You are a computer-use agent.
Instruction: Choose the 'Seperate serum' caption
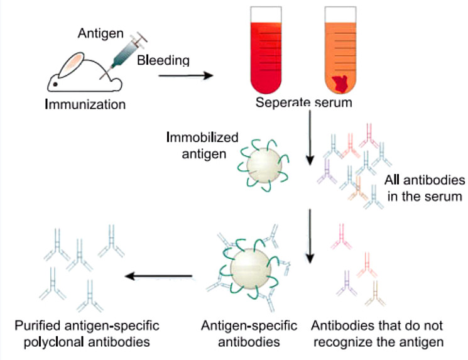pyautogui.click(x=303, y=103)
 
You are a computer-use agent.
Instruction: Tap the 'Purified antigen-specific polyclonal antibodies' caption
pyautogui.click(x=86, y=334)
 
